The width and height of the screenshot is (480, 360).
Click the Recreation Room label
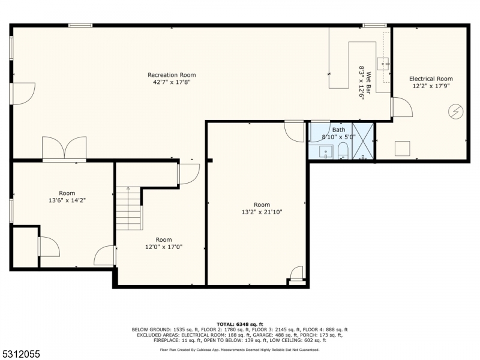172,75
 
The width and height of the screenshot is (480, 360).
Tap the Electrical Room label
431,79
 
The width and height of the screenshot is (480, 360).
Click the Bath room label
338,130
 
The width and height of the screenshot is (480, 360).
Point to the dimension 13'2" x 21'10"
262,212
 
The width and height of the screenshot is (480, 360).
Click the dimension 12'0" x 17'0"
164,247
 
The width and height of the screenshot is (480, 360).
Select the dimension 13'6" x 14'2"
67,200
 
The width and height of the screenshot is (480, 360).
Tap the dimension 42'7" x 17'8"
172,82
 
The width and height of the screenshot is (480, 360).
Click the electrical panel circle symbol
455,112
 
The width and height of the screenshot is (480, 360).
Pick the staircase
128,208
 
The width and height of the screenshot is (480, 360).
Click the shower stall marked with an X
363,141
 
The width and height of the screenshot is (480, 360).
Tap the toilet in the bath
343,152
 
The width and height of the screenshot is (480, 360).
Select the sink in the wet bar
383,64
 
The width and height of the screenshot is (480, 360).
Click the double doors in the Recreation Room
64,148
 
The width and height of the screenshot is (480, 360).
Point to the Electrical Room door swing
402,107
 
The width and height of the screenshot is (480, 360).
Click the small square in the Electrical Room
402,149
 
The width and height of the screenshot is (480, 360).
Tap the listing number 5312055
20,354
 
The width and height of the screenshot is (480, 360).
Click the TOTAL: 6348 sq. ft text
239,324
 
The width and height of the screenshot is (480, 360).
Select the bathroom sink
325,152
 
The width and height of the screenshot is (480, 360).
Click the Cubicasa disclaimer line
239,350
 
